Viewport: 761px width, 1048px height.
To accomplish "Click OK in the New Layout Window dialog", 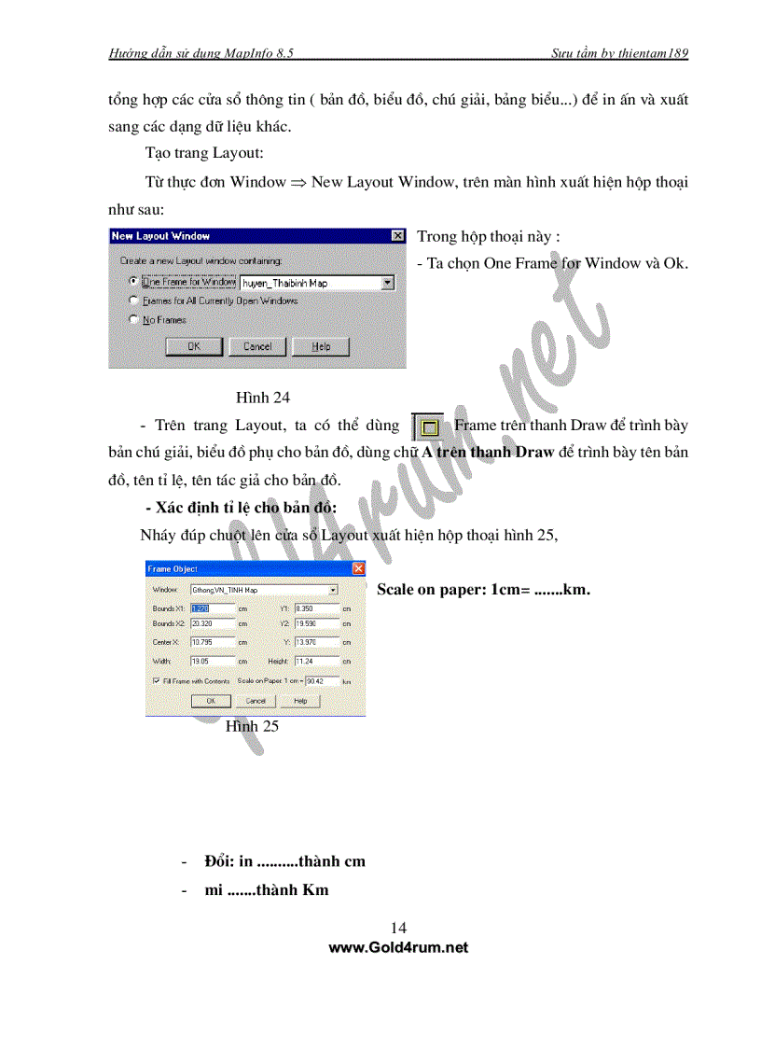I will click(x=194, y=346).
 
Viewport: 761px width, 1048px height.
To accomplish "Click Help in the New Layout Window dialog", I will click(x=321, y=346).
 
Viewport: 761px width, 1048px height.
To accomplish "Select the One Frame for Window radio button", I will click(x=134, y=281).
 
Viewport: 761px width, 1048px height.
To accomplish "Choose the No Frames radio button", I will click(x=134, y=319).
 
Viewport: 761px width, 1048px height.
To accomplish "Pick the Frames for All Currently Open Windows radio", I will click(x=134, y=300).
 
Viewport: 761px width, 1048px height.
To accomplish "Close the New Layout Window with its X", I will click(x=398, y=236).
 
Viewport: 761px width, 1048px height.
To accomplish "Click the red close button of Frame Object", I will click(x=358, y=568).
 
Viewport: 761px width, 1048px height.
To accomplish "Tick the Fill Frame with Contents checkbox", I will click(x=155, y=681).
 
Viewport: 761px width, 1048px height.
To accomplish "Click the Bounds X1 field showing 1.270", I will click(x=212, y=608).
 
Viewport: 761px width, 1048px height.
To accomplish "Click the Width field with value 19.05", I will click(x=212, y=661).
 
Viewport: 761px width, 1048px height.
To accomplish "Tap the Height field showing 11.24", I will click(x=315, y=661).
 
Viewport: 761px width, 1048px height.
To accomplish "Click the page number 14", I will click(x=398, y=928).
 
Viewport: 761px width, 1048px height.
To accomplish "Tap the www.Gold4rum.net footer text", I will click(x=398, y=947).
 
